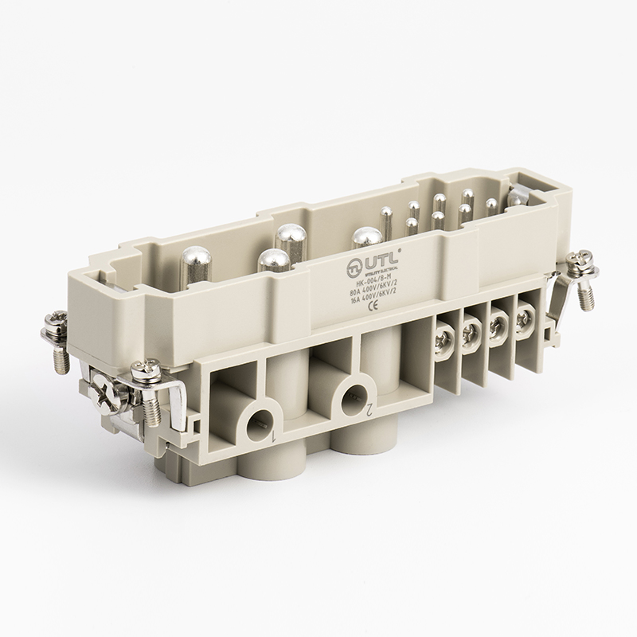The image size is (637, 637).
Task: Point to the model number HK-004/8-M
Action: tap(373, 274)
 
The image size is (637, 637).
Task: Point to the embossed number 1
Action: tap(273, 439)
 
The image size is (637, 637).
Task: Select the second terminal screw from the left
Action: tap(470, 331)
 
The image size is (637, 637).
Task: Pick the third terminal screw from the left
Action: tap(498, 325)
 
